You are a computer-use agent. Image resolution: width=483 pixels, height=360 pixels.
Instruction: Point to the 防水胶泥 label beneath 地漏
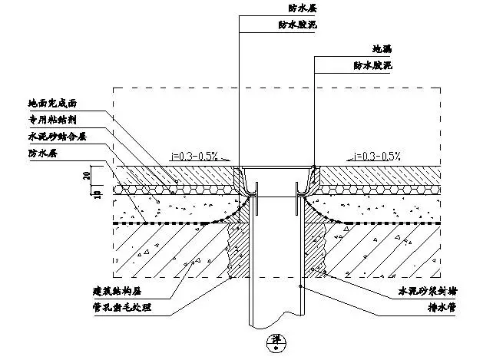(372, 67)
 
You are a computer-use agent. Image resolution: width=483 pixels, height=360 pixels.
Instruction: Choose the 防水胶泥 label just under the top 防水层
(293, 25)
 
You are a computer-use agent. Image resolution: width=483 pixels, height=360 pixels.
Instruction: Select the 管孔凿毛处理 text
(117, 309)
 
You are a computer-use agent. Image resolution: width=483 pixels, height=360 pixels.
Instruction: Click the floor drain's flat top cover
(276, 167)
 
